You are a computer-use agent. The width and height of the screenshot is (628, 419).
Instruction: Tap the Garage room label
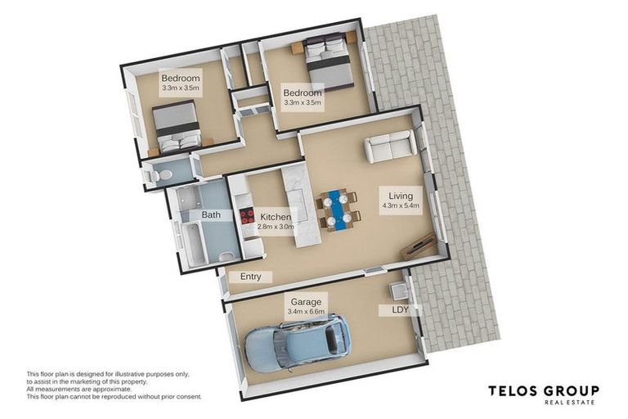coord(307,302)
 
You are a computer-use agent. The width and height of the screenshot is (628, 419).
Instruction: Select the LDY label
coord(400,310)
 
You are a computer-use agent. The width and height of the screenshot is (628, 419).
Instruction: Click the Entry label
coord(250,277)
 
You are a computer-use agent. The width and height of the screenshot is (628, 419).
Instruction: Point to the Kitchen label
coord(276,217)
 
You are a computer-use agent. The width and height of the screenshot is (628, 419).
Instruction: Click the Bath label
coord(211,215)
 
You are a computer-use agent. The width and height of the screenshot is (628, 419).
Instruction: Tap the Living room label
coord(400,196)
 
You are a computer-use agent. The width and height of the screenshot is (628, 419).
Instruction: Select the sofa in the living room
coord(389,146)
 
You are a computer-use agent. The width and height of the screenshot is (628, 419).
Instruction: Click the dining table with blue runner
coord(337,209)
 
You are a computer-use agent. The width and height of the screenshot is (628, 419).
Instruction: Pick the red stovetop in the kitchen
coord(246,217)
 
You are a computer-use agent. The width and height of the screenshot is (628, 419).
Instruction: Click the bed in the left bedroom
coord(177,128)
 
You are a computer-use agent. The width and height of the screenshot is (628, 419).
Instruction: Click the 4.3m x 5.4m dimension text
coord(400,206)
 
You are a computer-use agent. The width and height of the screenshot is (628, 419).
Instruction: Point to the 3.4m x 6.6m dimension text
coord(307,312)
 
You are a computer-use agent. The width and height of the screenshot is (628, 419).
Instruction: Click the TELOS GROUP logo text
coord(543,391)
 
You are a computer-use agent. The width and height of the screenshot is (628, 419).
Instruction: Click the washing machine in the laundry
coord(399,291)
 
